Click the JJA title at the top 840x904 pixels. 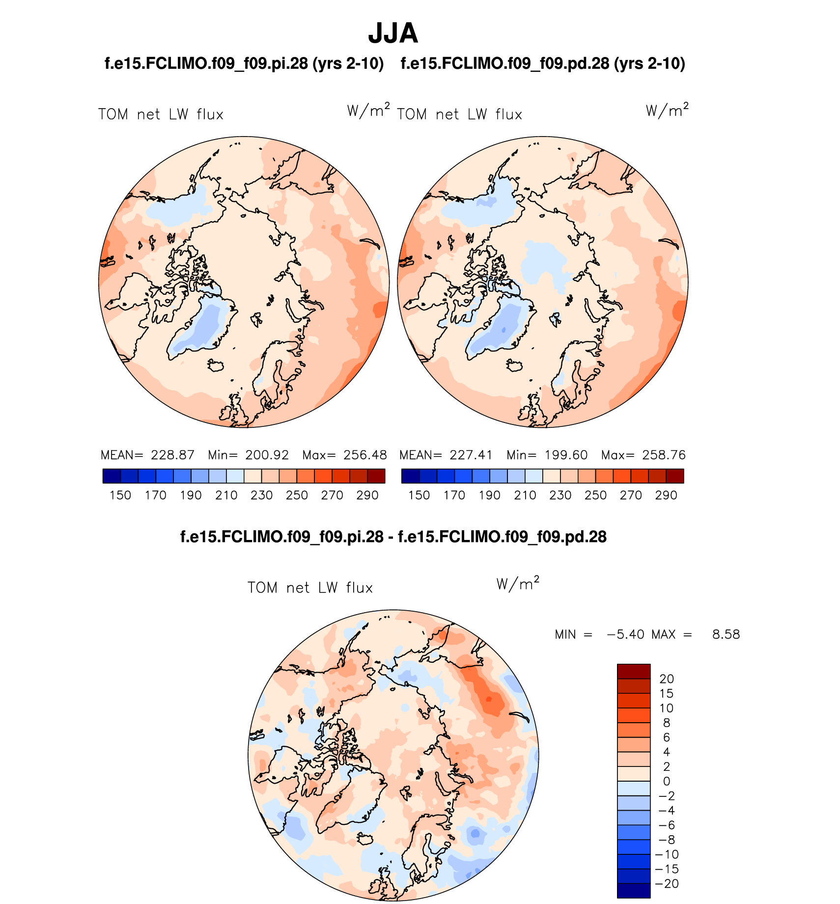(x=393, y=33)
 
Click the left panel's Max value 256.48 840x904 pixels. (x=365, y=455)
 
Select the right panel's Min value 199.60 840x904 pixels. (x=566, y=455)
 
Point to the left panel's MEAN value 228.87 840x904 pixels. (x=172, y=455)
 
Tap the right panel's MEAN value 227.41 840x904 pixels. (x=471, y=455)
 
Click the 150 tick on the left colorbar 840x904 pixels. (x=120, y=495)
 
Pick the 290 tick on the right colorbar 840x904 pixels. (x=666, y=495)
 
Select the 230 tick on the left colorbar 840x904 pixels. (x=261, y=495)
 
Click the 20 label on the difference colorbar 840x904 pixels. (x=667, y=679)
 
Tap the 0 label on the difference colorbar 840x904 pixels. (x=667, y=781)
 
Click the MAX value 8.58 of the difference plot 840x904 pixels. (x=726, y=635)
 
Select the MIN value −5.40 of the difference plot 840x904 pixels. (x=626, y=635)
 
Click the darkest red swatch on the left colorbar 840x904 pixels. (x=376, y=476)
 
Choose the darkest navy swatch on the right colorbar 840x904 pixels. (x=410, y=476)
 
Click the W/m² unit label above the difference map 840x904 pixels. (x=518, y=584)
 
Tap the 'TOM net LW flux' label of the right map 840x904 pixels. (x=459, y=114)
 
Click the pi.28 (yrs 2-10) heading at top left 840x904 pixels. (x=244, y=63)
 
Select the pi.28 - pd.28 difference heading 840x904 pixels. (x=393, y=537)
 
